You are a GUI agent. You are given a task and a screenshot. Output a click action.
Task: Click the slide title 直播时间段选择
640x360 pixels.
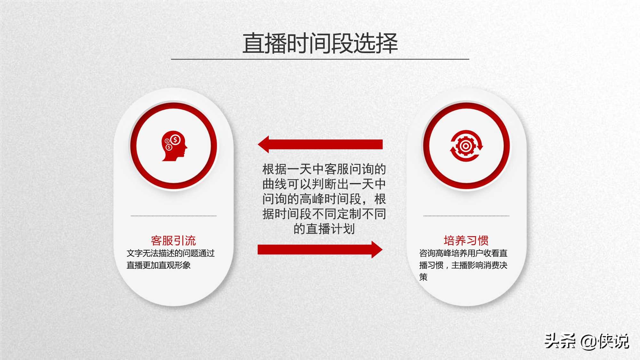coord(320,43)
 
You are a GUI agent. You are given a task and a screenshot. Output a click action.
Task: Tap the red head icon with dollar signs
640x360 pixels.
coord(174,146)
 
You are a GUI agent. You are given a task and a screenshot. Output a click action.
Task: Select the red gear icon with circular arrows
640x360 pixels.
coord(466,146)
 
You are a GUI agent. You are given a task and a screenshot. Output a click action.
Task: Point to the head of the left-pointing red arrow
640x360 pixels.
coord(264,144)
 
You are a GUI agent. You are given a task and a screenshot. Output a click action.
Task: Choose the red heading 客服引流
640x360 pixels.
coord(173,240)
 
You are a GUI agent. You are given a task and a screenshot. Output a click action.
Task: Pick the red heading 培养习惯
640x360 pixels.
coord(466,240)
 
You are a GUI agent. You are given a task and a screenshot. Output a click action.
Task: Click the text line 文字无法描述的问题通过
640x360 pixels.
coord(171,253)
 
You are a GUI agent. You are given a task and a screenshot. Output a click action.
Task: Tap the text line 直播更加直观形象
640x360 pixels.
coord(159,265)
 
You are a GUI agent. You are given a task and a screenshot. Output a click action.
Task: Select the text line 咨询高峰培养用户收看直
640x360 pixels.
coord(463,253)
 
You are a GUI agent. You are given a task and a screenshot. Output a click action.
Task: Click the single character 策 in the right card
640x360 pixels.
coord(423,277)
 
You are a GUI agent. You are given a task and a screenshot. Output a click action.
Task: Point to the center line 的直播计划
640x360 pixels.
coord(324,229)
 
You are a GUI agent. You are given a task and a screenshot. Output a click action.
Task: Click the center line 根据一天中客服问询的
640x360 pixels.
coord(324,169)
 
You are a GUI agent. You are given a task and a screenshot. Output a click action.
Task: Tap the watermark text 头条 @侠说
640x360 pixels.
coord(587,341)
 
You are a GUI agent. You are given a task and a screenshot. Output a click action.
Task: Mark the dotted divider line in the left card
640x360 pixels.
coord(174,216)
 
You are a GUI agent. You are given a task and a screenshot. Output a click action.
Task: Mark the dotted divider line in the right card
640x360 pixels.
coord(466,216)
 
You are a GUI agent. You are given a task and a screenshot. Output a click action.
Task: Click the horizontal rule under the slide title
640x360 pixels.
coord(320,59)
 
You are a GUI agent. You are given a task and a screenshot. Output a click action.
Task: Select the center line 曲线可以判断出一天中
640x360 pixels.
coord(324,184)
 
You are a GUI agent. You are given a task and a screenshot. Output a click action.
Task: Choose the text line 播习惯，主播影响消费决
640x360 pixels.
coord(463,265)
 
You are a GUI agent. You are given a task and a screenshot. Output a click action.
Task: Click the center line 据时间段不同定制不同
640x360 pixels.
coord(324,214)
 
